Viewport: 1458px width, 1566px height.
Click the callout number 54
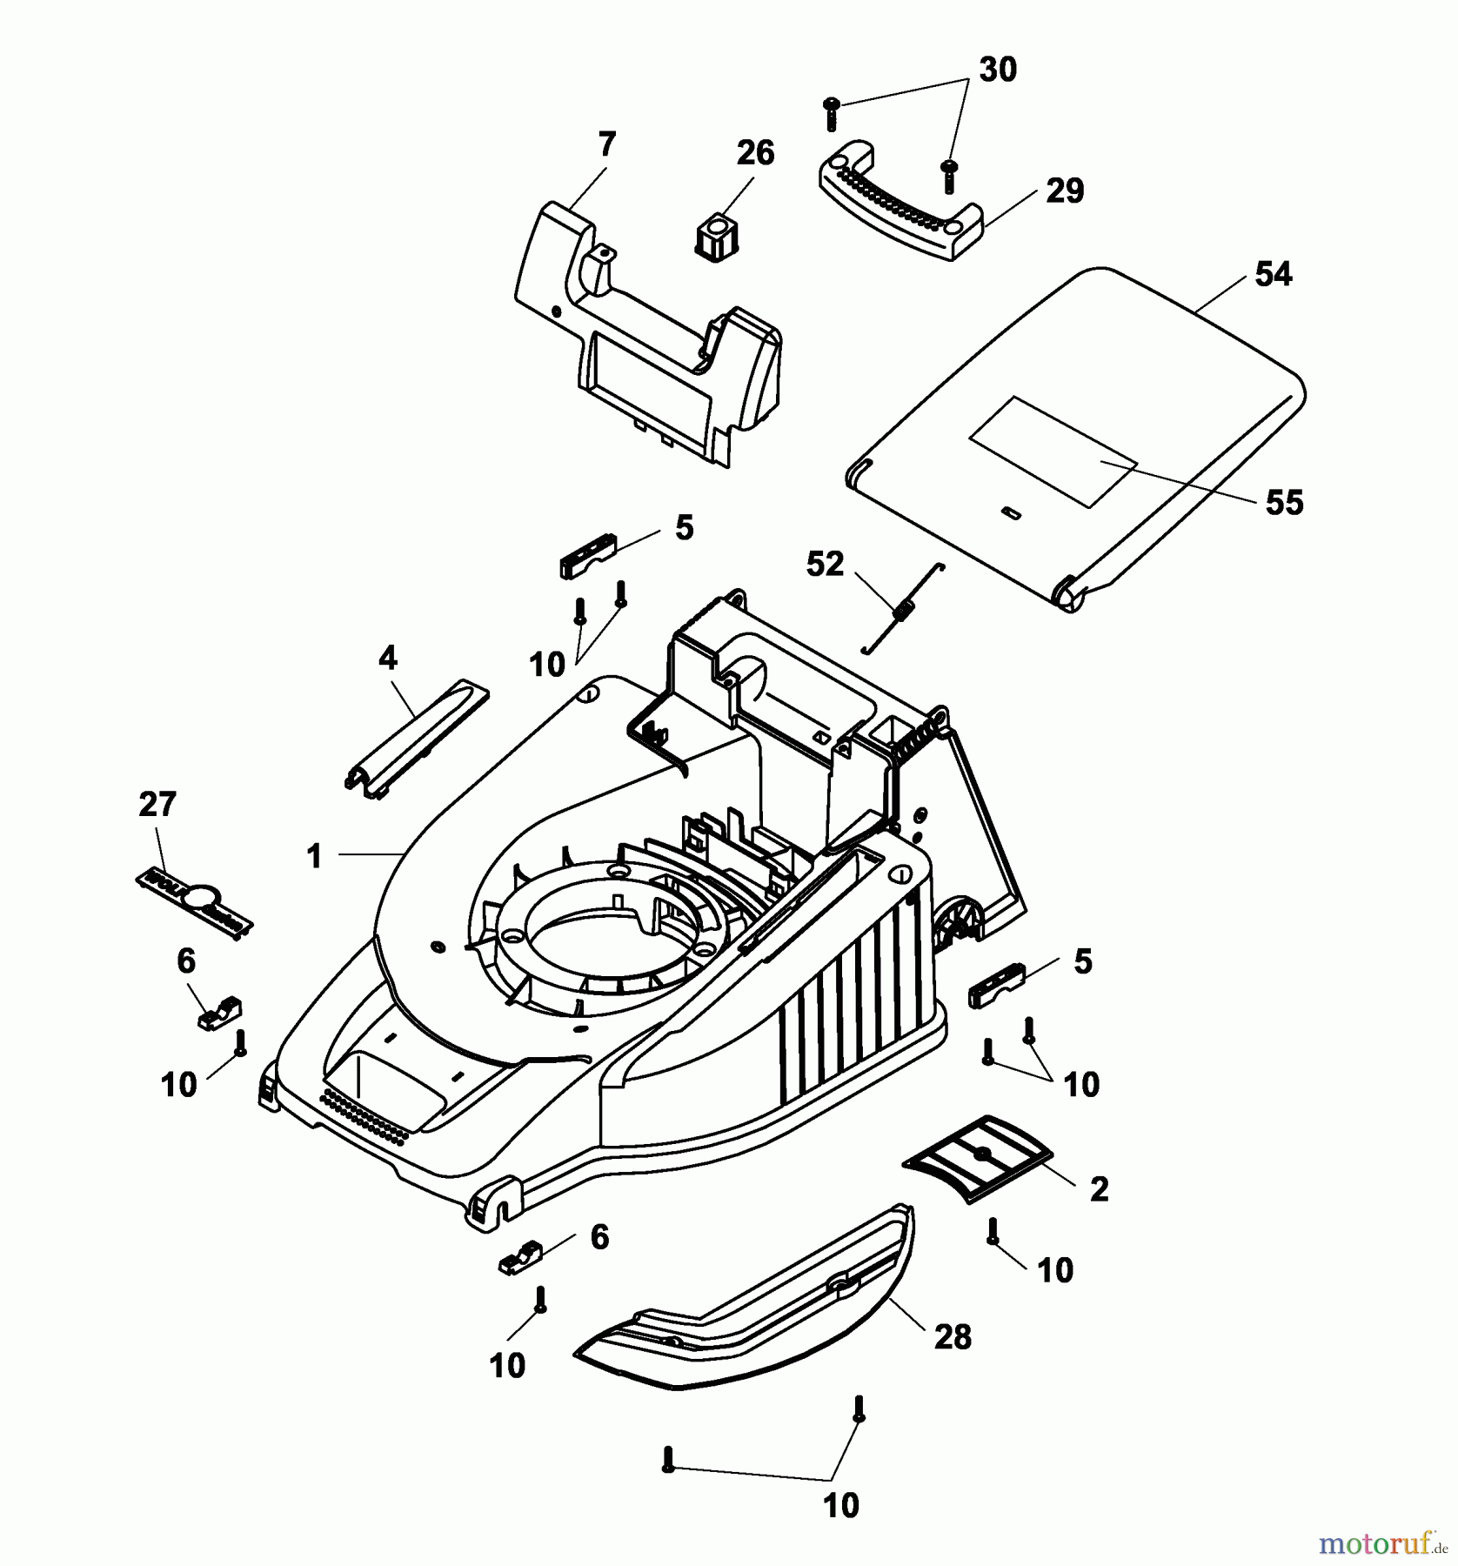1274,275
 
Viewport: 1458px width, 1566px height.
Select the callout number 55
1284,503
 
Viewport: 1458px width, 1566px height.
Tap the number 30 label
997,70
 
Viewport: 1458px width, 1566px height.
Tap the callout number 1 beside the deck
315,857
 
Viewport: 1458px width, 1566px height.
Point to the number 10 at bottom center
840,1505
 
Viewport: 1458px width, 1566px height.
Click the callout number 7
606,144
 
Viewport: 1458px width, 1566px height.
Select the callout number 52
825,565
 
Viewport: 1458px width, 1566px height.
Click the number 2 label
1099,1189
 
